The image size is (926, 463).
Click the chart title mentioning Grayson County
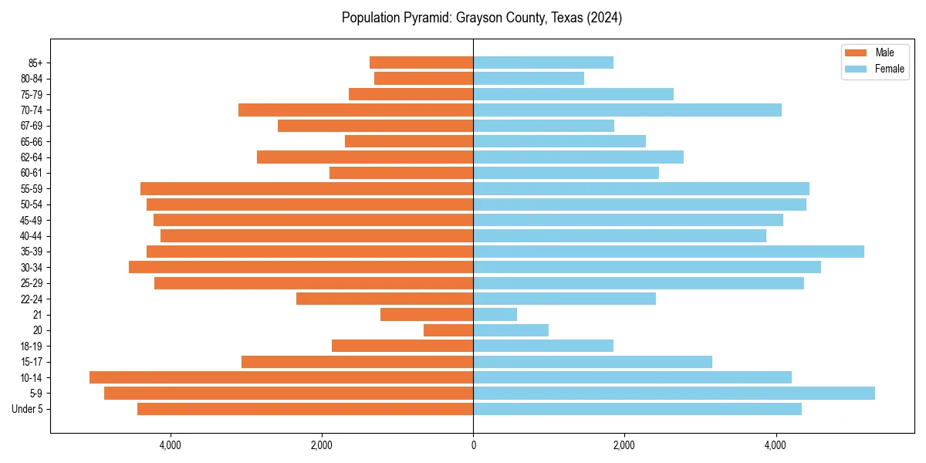click(x=482, y=18)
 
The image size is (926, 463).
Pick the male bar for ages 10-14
click(x=281, y=377)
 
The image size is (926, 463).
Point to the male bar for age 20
click(x=448, y=330)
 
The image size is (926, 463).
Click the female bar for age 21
click(x=495, y=315)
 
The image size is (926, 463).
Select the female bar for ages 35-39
click(x=668, y=252)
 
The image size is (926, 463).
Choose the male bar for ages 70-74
click(x=356, y=110)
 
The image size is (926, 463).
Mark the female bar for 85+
click(x=543, y=63)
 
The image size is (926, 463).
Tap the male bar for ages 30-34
click(x=301, y=267)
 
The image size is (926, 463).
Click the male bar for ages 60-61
click(x=401, y=173)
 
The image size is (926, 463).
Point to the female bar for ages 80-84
click(x=529, y=79)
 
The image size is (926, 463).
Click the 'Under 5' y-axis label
click(x=27, y=409)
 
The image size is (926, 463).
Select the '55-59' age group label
click(x=32, y=189)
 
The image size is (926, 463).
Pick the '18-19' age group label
click(x=32, y=346)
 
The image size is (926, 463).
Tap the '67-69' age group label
click(x=32, y=126)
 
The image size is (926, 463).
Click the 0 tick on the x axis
click(x=473, y=445)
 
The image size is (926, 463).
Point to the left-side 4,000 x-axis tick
click(x=170, y=445)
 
